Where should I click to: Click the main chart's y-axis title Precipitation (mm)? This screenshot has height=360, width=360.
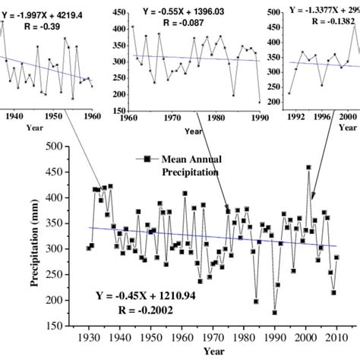(x=35, y=235)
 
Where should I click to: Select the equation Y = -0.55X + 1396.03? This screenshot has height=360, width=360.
(x=185, y=12)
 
